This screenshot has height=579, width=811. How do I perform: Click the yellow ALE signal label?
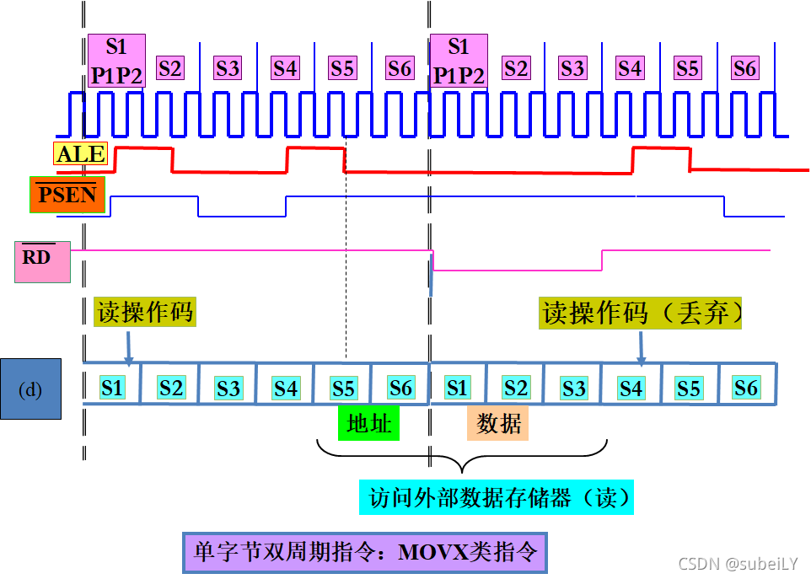click(81, 153)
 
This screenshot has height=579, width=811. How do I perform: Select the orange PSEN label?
click(68, 196)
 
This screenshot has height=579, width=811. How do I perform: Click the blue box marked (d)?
click(30, 389)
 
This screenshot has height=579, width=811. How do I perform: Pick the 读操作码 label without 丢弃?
click(144, 312)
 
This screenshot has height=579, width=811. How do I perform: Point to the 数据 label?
click(499, 423)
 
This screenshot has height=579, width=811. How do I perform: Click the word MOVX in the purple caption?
click(433, 553)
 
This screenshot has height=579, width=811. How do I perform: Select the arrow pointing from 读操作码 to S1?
click(127, 346)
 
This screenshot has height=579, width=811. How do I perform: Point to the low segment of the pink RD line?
click(516, 271)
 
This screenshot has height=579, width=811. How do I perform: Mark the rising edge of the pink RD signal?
click(602, 260)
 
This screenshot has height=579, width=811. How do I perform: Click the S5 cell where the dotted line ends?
click(342, 388)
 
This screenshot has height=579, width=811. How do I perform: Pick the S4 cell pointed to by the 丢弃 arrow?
click(631, 388)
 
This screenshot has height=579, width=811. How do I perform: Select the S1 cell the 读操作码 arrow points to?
click(112, 388)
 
